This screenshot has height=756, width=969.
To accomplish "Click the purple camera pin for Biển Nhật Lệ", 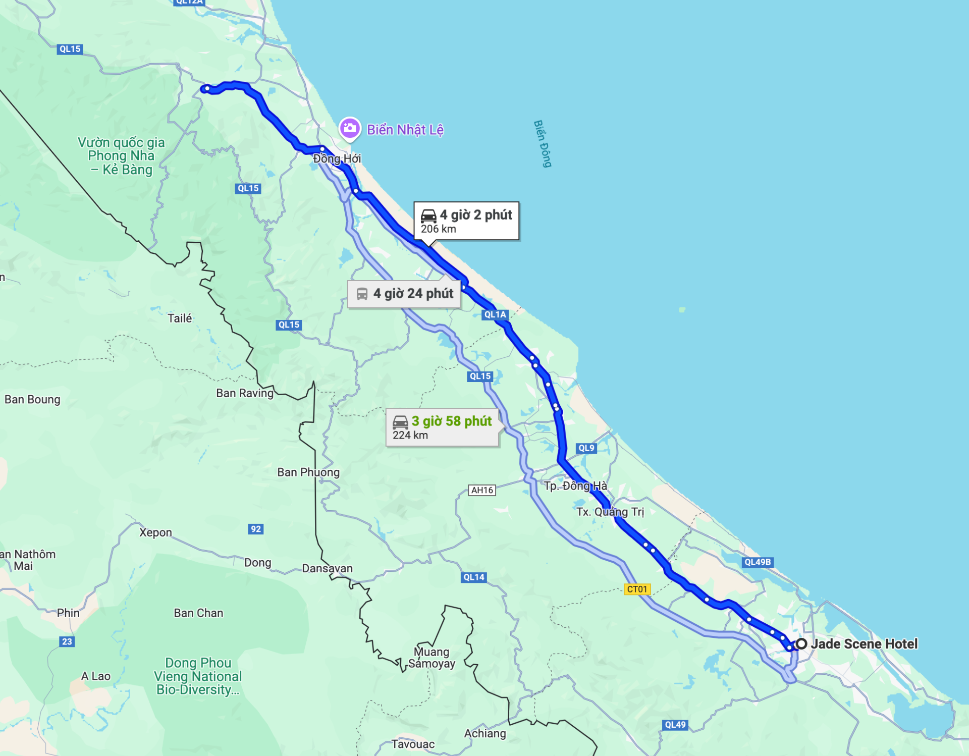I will click(350, 128).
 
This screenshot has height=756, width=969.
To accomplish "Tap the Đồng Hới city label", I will click(337, 158).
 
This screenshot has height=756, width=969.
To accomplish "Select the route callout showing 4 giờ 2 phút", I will click(466, 221).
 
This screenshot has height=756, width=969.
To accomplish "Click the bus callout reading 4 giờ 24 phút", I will click(404, 294).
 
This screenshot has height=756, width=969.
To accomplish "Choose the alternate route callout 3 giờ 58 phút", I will click(443, 427).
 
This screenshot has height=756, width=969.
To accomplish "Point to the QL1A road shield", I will click(495, 314).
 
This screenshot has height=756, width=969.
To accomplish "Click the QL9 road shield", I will click(586, 448).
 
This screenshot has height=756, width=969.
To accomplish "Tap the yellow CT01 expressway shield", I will click(637, 589).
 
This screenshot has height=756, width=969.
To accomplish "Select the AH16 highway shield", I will click(482, 490).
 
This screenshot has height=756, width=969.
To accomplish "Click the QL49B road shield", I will click(758, 562).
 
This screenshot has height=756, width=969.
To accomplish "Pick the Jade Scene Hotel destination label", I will click(864, 644).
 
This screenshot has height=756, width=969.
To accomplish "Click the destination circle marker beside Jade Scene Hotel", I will click(801, 644).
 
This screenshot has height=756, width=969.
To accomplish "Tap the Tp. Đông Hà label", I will click(575, 486).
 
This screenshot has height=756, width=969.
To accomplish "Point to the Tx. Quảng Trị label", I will click(610, 512).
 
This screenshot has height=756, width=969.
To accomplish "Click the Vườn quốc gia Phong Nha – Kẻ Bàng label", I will click(121, 156).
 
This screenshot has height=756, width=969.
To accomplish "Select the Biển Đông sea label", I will click(543, 144).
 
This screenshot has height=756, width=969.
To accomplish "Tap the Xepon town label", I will click(155, 532).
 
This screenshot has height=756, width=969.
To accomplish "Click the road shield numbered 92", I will click(256, 529).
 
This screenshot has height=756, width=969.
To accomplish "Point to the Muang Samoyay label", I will click(432, 658).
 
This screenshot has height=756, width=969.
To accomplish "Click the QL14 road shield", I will click(473, 577).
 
